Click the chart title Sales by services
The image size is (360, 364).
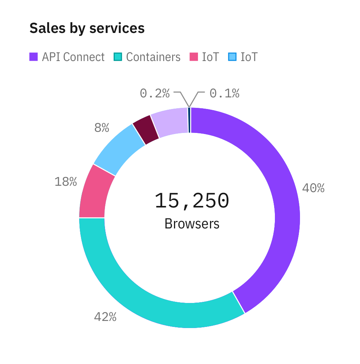[x=87, y=28]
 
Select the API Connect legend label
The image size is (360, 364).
[x=73, y=57]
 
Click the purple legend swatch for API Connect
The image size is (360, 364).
[x=34, y=57]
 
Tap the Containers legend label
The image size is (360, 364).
[x=153, y=57]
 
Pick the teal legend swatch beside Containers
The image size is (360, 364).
[x=118, y=57]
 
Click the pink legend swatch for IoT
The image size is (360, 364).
[x=193, y=57]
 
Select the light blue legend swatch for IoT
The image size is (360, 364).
[x=232, y=57]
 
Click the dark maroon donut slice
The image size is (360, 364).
[x=145, y=130]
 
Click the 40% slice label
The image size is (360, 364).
[x=313, y=188]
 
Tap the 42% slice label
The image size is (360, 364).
[x=105, y=317]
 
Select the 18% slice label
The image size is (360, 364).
[x=66, y=182]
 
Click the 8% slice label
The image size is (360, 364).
[x=102, y=128]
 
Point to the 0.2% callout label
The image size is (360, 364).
[x=154, y=93]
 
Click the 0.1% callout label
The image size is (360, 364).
[x=224, y=93]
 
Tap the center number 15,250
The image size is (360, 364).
[x=192, y=201]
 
